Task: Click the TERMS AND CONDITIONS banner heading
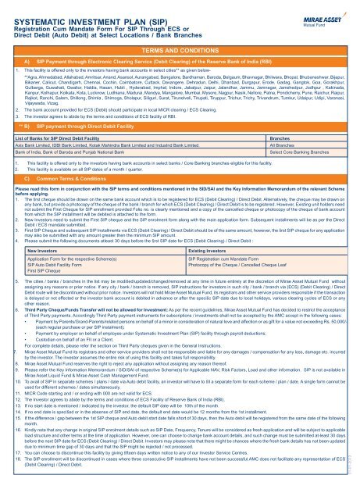[x=179, y=48]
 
